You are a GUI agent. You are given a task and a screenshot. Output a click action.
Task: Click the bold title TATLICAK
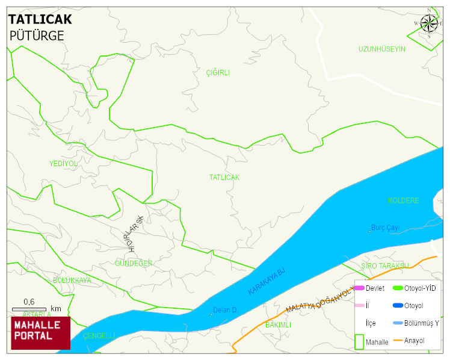[x=40, y=19]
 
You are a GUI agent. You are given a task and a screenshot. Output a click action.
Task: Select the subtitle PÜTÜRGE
[x=37, y=36]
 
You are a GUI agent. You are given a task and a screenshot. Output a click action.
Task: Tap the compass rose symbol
[x=429, y=23]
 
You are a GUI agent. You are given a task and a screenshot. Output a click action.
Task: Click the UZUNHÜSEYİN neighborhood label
[x=382, y=49]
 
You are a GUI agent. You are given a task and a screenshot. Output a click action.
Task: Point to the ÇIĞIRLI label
[x=218, y=73]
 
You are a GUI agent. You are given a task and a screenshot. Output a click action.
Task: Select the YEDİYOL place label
[x=63, y=164]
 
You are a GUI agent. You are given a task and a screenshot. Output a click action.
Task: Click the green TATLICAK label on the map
[x=224, y=178]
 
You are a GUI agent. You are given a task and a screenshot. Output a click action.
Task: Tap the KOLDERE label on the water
[x=403, y=200]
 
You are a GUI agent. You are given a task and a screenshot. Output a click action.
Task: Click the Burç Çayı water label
[x=386, y=228]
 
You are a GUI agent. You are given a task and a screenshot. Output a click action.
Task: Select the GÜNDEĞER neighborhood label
[x=134, y=264]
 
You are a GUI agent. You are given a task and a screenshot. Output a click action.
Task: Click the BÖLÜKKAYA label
[x=72, y=281]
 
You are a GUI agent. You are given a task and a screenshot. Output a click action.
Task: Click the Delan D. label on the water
[x=225, y=310]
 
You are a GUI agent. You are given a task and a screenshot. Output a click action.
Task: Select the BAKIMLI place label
[x=278, y=324]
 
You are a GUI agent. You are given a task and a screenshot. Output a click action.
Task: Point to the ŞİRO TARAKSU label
[x=385, y=265]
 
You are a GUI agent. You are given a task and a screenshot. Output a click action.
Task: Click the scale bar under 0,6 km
[x=29, y=309]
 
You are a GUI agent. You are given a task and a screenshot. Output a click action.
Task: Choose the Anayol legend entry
[x=408, y=341]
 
